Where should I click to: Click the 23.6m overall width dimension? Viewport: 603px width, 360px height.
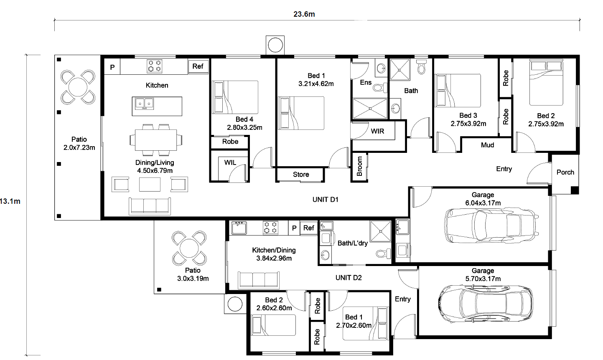304,14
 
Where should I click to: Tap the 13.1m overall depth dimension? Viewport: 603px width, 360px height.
10,201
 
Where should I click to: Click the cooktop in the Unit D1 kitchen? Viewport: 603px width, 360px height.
155,66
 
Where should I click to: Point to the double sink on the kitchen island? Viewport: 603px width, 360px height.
144,104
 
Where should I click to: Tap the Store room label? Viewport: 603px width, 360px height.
301,175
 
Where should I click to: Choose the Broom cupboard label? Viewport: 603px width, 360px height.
359,166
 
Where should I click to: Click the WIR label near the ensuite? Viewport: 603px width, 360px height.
377,131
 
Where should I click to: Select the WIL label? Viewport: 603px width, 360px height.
230,162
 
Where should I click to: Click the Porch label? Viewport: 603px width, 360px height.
565,172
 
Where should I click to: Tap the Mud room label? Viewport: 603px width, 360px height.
487,145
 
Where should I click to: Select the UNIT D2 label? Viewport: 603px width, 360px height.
349,278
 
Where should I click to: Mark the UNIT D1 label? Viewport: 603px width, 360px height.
325,200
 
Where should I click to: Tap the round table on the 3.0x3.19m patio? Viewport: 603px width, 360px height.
189,248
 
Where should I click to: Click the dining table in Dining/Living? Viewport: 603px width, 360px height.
156,140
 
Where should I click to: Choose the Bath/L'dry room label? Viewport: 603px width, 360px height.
352,243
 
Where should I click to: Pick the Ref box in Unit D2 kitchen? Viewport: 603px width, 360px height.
308,228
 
